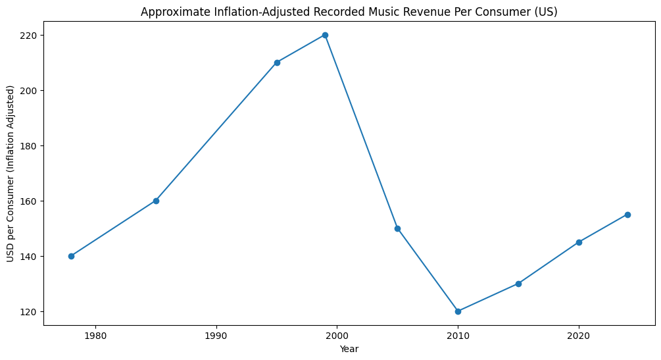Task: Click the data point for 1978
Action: point(71,256)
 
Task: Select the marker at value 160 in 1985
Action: point(156,201)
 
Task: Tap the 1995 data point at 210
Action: point(277,63)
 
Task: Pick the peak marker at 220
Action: point(325,35)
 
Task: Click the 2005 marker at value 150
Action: point(397,228)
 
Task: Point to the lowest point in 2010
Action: point(458,311)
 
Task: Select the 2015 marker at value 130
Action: point(518,284)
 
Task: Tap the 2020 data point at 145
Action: point(579,242)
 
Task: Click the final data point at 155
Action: point(627,215)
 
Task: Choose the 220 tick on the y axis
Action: point(29,35)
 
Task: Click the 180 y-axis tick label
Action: point(29,145)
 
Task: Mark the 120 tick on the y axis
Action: point(29,311)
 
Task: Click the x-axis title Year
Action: point(349,349)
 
